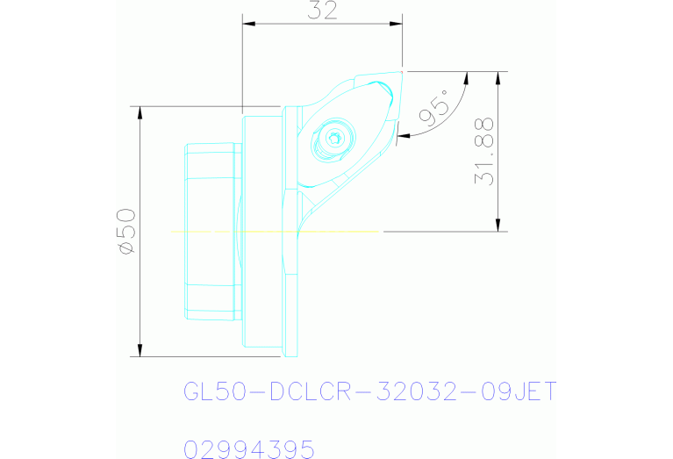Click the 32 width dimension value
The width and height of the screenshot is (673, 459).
[323, 11]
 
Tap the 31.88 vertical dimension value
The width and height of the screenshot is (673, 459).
[485, 150]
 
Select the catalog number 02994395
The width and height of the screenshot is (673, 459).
[248, 449]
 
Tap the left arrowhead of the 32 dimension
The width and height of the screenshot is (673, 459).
[248, 24]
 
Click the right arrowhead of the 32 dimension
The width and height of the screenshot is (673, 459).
[398, 24]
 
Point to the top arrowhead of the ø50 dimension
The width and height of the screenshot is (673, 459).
[140, 111]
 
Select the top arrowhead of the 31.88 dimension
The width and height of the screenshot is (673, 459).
[498, 76]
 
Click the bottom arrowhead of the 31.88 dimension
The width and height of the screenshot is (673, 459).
[498, 226]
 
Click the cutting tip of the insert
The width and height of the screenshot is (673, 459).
[402, 72]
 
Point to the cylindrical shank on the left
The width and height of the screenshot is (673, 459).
[211, 232]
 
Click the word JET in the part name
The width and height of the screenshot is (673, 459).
[534, 391]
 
